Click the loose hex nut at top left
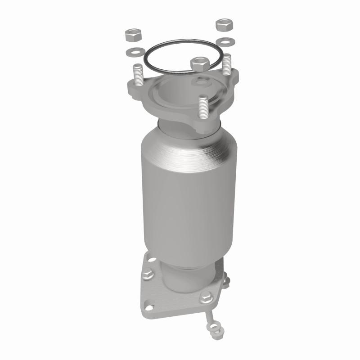[130, 34]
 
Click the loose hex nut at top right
[223, 25]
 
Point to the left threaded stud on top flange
[137, 74]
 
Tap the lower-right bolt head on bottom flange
[206, 297]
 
